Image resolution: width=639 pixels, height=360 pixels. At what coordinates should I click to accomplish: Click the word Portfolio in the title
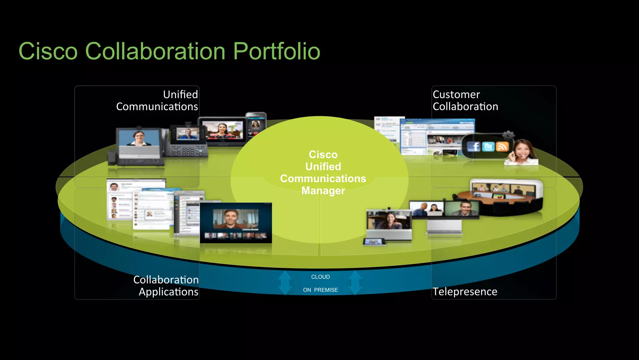[276, 51]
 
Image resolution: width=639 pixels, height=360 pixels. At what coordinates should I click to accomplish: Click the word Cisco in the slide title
[48, 51]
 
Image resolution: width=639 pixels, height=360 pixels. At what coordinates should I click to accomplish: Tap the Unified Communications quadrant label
[157, 101]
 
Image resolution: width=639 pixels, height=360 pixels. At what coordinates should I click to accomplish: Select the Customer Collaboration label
[465, 101]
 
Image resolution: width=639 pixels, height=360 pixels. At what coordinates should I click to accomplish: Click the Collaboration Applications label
[166, 286]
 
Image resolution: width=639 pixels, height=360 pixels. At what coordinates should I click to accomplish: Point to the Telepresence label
[465, 292]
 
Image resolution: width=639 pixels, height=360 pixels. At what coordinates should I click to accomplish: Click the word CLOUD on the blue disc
[320, 277]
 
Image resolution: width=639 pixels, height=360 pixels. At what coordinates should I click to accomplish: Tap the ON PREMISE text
[320, 290]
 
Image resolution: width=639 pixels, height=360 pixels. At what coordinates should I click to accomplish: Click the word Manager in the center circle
[323, 190]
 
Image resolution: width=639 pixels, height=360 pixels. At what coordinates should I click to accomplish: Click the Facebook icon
[474, 146]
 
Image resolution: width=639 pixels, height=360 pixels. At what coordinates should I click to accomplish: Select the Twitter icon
[488, 146]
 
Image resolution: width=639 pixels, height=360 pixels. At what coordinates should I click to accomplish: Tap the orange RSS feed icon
[502, 146]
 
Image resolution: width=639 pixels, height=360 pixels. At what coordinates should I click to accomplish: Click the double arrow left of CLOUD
[285, 283]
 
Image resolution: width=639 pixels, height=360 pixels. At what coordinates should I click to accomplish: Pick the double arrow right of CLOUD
[355, 283]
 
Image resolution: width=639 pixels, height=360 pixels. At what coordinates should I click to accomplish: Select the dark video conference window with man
[236, 223]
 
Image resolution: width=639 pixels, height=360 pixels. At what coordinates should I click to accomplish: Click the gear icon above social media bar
[508, 135]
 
